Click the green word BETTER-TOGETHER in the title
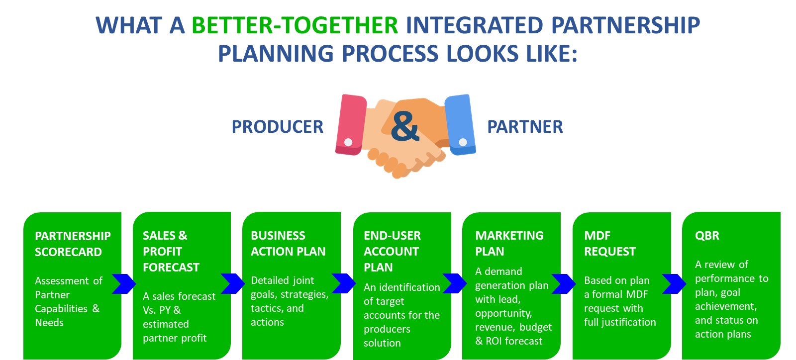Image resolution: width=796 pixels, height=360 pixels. [x=295, y=25]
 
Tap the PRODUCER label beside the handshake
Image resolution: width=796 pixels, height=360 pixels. [x=277, y=127]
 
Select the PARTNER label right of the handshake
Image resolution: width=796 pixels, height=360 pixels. [x=525, y=127]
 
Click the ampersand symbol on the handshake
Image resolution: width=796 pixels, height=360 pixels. [x=404, y=126]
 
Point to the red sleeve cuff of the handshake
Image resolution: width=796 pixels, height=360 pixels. [x=351, y=124]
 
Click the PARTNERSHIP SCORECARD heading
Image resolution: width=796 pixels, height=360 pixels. [x=73, y=244]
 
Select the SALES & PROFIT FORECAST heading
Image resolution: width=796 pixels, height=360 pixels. [x=171, y=251]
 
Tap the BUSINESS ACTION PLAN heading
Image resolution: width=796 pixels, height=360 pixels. [x=288, y=243]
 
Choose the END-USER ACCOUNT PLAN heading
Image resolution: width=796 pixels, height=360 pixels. [x=392, y=251]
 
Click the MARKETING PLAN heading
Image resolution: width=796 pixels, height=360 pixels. [x=509, y=243]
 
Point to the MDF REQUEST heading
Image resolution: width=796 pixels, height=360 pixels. [x=609, y=243]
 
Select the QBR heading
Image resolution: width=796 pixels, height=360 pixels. [x=707, y=236]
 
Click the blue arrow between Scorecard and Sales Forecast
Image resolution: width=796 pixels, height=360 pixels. [x=124, y=283]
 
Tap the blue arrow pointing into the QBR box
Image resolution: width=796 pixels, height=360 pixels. [x=674, y=283]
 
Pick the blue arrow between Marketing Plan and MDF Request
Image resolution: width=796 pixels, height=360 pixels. [x=564, y=283]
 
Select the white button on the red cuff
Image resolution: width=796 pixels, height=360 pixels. [x=348, y=142]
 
